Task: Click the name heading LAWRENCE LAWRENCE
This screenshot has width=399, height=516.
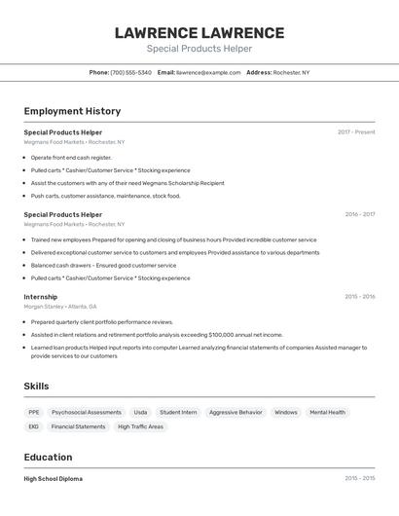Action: tap(199, 32)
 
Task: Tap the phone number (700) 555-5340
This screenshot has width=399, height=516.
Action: tap(130, 72)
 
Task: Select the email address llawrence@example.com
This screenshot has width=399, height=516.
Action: tap(208, 72)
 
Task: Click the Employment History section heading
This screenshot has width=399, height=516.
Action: tap(72, 111)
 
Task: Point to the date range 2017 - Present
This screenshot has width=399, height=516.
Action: tap(356, 131)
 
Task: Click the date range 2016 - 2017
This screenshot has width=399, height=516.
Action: tap(359, 214)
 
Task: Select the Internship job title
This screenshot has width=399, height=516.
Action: tap(41, 297)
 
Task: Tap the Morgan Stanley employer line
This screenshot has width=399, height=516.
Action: tap(61, 307)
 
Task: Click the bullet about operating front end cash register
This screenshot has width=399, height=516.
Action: tap(71, 157)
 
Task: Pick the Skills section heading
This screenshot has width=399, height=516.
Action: tap(36, 387)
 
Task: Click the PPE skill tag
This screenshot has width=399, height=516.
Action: tap(34, 412)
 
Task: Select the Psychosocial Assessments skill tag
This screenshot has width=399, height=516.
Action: tap(87, 412)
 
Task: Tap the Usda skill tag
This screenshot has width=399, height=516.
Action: tap(140, 412)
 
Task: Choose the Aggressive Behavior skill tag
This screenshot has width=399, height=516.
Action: tap(236, 412)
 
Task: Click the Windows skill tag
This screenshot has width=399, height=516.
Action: tap(286, 412)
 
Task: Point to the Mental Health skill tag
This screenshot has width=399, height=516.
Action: tap(327, 412)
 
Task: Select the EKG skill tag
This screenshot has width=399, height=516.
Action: tap(34, 426)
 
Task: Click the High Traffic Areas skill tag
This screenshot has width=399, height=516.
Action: tap(140, 426)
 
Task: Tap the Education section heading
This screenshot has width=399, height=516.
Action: tap(48, 457)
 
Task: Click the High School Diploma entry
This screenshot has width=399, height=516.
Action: tap(54, 479)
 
